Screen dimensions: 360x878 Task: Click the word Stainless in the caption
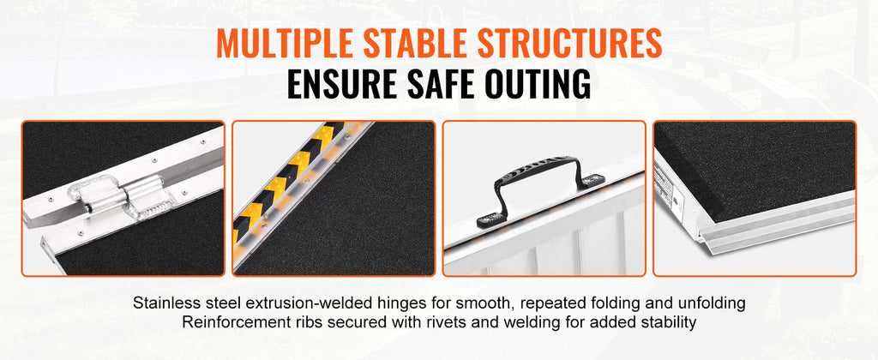coord(168,303)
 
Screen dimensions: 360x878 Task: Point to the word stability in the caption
coord(669,322)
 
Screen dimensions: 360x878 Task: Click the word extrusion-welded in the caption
coord(316,303)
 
